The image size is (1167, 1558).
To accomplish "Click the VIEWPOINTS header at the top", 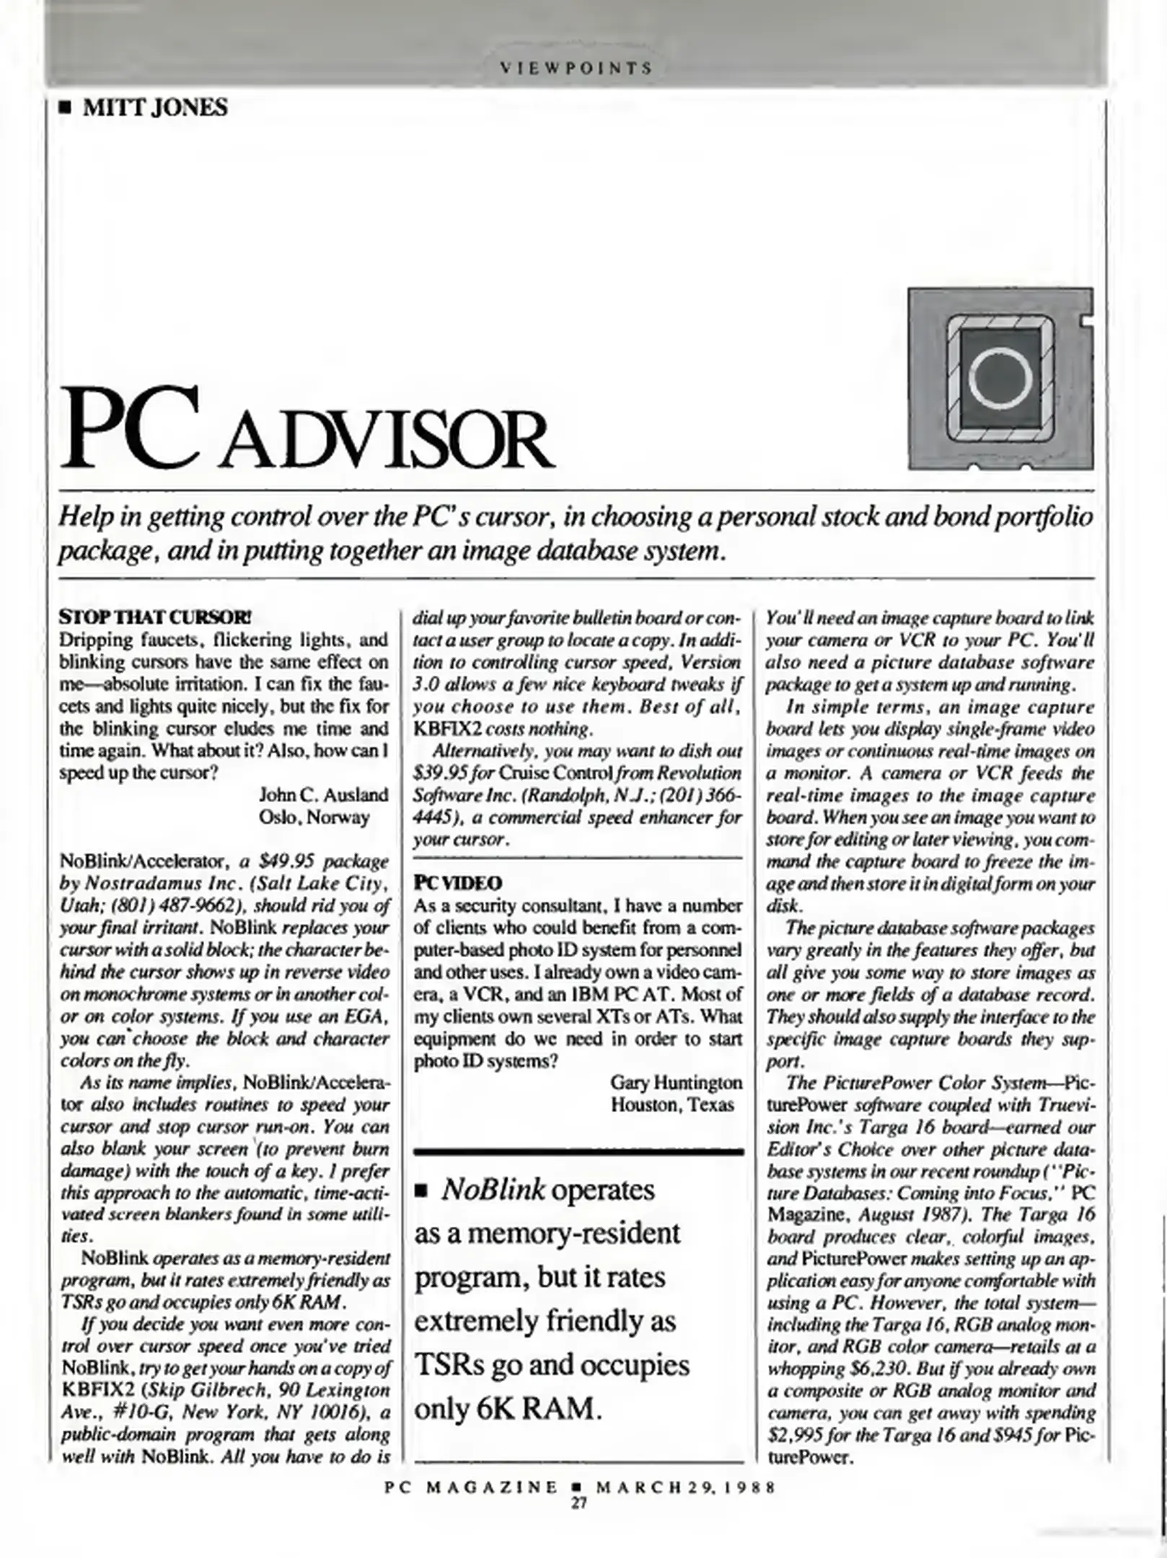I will (577, 69).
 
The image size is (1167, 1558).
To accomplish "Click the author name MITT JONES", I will (155, 108).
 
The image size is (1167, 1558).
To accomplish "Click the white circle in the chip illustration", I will (1000, 377).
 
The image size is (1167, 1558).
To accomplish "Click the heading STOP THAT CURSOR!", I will (155, 618).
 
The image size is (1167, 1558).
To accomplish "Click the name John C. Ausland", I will (323, 795).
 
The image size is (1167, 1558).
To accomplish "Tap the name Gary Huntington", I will (676, 1083).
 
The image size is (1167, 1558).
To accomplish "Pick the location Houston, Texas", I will (672, 1104).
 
